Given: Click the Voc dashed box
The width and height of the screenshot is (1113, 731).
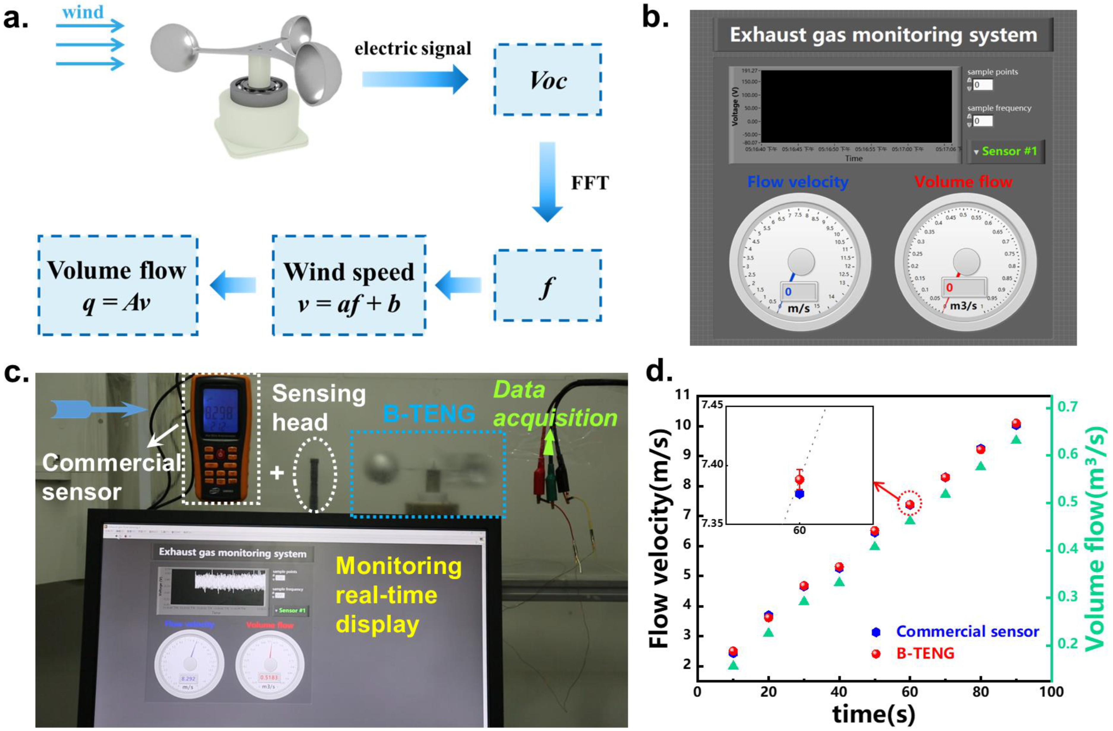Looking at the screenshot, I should point(547,80).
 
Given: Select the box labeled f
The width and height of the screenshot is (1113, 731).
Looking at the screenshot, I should point(547,285).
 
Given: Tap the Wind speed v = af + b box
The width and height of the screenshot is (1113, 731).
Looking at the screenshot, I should point(349,285).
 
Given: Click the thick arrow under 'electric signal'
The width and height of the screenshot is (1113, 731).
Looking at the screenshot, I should point(415,80).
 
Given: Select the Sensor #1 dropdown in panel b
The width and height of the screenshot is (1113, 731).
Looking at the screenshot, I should point(1006,151).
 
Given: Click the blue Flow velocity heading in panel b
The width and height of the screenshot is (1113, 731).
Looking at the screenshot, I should point(798,181).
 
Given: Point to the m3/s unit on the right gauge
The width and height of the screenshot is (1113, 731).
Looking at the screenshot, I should point(963,306).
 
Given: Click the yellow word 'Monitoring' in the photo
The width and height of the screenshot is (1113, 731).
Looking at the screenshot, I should point(399,566).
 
